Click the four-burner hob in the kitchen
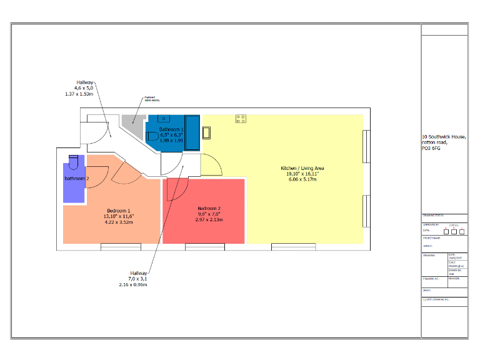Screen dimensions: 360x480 tap(241, 118)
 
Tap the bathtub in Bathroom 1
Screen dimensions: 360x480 tap(192, 132)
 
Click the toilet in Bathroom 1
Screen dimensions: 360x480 tap(152, 137)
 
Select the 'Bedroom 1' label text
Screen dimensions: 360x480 tap(118, 211)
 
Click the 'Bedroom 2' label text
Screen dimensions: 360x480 tap(209, 208)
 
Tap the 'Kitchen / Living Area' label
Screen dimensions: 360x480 tap(302, 168)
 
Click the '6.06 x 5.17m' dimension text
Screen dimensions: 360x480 tap(302, 179)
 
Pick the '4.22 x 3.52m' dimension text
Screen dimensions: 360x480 tap(118, 222)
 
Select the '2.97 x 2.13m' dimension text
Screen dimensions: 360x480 tap(209, 219)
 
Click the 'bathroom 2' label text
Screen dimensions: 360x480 tap(77, 179)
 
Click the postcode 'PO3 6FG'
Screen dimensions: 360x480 tap(432, 147)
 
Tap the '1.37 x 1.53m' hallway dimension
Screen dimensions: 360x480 tap(79, 94)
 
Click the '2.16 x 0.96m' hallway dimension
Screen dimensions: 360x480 tap(132, 284)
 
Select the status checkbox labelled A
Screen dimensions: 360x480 tap(446, 231)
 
